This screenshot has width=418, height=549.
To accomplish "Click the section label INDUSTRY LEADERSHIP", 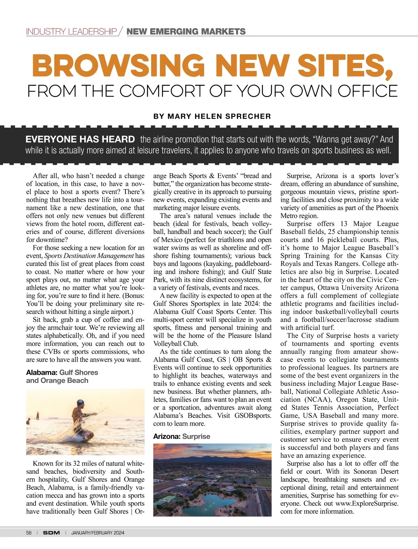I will [x=71, y=32].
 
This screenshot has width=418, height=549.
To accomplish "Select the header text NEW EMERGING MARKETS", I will [x=186, y=32].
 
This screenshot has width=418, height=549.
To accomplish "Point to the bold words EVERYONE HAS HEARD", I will [x=80, y=139].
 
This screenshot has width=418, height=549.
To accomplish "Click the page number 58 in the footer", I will [x=29, y=533].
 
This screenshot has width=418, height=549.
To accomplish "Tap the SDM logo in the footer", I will [x=51, y=533].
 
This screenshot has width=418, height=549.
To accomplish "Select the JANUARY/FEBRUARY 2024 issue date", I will [x=98, y=533].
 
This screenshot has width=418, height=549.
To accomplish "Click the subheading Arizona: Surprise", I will [x=182, y=436].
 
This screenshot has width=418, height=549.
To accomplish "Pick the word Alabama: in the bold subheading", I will [x=42, y=372].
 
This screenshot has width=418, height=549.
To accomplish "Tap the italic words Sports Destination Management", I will [x=89, y=256].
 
